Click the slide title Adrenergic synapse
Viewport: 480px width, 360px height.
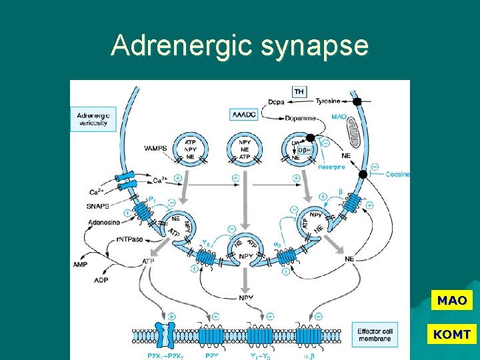click(x=239, y=46)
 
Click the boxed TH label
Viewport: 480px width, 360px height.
click(x=299, y=91)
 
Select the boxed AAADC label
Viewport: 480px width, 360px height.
click(x=243, y=114)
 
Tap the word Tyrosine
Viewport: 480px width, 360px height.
click(x=327, y=101)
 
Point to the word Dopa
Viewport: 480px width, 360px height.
click(x=276, y=101)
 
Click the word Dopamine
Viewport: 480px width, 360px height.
click(x=301, y=118)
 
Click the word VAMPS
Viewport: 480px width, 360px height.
click(x=156, y=148)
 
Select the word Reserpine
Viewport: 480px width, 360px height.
click(x=331, y=167)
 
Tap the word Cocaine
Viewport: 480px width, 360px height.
click(x=397, y=174)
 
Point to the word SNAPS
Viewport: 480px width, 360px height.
click(x=98, y=206)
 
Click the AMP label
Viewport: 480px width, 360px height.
click(x=81, y=265)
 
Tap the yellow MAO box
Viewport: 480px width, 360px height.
click(x=452, y=301)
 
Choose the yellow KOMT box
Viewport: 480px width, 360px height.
click(x=452, y=334)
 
